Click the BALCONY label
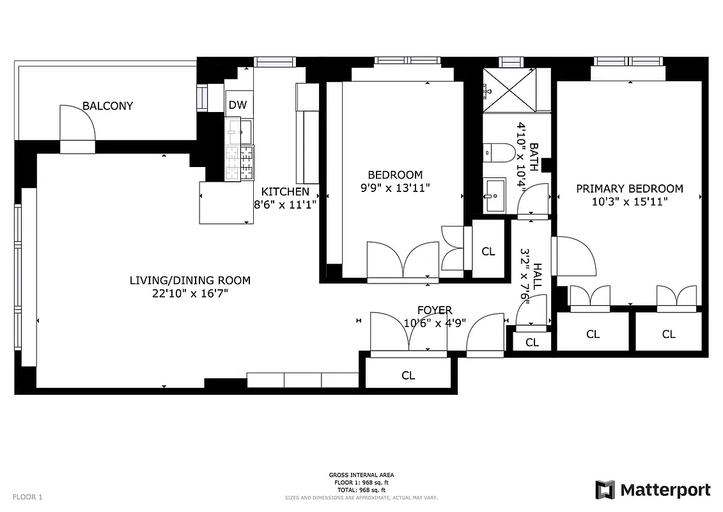(x=107, y=106)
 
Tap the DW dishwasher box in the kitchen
(x=237, y=105)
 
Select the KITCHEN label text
(x=285, y=191)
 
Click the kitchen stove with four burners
(x=239, y=163)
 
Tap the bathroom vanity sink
(x=494, y=195)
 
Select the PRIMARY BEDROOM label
(x=629, y=189)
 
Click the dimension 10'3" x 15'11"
(x=629, y=202)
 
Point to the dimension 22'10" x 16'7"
(x=190, y=293)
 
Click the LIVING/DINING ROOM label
(x=190, y=280)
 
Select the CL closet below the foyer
(x=408, y=376)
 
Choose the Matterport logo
(x=653, y=490)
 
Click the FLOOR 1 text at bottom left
(x=27, y=497)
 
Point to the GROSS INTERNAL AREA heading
(x=361, y=475)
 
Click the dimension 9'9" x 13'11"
(x=394, y=188)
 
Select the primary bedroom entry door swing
(x=574, y=256)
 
